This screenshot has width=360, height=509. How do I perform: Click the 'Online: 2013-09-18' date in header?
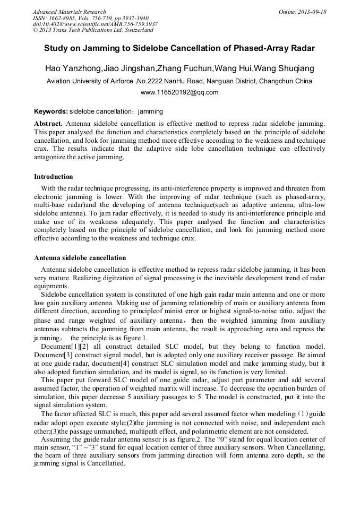pyautogui.click(x=302, y=12)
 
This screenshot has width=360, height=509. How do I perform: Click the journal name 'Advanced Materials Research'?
pyautogui.click(x=69, y=12)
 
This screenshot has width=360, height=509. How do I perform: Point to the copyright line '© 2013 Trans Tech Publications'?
pyautogui.click(x=93, y=30)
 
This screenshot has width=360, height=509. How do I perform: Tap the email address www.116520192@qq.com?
pyautogui.click(x=179, y=92)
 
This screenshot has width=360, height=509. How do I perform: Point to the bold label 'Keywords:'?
pyautogui.click(x=51, y=111)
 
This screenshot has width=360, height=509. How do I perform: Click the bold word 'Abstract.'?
pyautogui.click(x=48, y=123)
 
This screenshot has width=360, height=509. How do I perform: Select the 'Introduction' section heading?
pyautogui.click(x=54, y=177)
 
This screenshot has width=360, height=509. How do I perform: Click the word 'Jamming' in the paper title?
pyautogui.click(x=97, y=48)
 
